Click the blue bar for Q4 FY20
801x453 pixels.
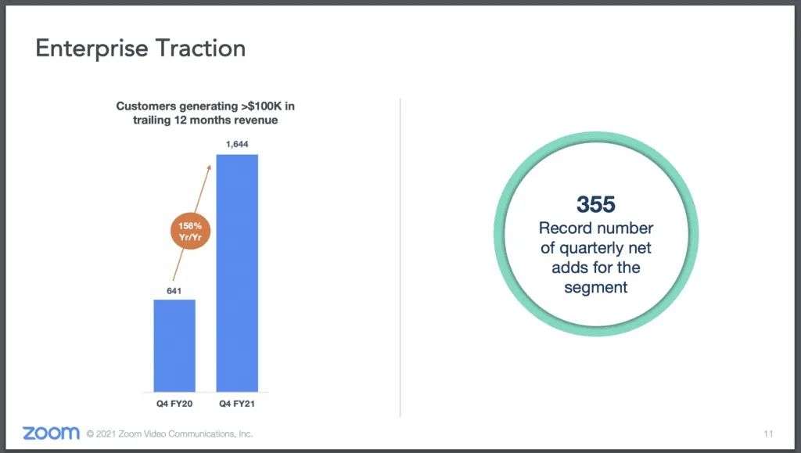tap(174, 346)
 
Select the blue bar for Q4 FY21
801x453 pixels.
tap(237, 273)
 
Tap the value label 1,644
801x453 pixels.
tap(237, 145)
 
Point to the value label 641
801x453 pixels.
tap(174, 291)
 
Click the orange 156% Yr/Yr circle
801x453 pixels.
tap(190, 232)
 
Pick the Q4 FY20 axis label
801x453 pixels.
tap(174, 404)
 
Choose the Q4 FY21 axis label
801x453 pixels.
tap(237, 404)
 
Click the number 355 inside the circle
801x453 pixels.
tap(595, 204)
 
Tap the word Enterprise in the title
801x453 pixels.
tap(92, 49)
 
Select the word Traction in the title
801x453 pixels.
tap(200, 48)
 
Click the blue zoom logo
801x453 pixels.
tap(51, 433)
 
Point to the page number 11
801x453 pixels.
tap(768, 434)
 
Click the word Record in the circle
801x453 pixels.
tap(565, 228)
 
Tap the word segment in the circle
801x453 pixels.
tap(595, 288)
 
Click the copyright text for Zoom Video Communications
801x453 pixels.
tap(169, 434)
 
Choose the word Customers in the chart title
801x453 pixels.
tap(145, 106)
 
